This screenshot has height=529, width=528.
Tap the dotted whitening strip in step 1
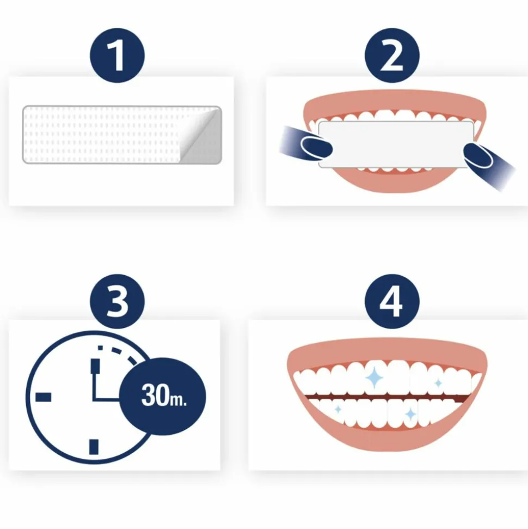[103, 135]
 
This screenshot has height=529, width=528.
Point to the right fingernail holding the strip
[477, 155]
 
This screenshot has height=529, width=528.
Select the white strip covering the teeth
[396, 143]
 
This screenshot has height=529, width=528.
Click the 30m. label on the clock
[163, 396]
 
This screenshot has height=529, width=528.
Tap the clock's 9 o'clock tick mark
[44, 397]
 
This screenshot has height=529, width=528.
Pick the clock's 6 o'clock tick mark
[94, 446]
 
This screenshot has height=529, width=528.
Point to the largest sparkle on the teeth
[374, 376]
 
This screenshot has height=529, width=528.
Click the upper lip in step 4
[386, 349]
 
